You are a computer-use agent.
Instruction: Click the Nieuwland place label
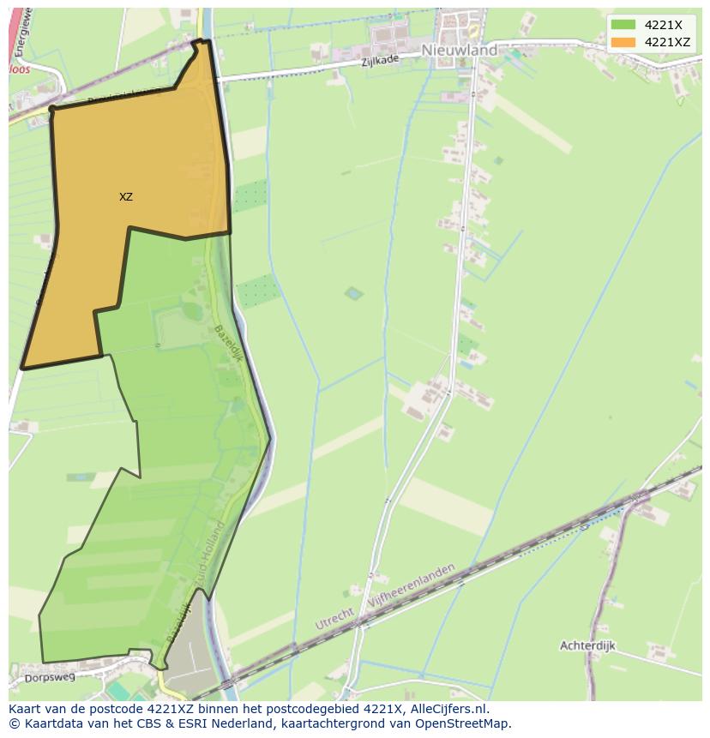(459, 51)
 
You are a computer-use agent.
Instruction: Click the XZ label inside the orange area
(126, 197)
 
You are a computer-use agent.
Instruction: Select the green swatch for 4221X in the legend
(623, 25)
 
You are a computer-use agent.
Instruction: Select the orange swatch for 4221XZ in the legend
(623, 42)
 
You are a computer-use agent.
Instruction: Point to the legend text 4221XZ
(667, 42)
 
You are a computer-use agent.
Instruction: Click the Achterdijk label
(587, 645)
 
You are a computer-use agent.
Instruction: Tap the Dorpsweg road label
(51, 677)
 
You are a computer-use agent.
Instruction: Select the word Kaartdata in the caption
(42, 723)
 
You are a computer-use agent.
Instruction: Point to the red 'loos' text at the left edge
(19, 69)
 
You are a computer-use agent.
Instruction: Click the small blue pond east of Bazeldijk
(353, 294)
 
